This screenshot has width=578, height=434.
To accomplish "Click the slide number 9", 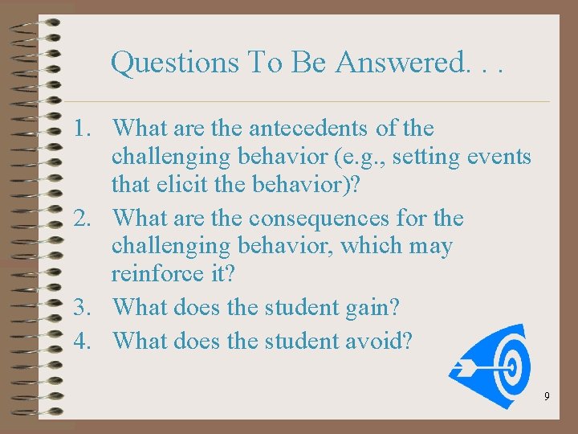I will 547,396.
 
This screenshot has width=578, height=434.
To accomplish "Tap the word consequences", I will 327,219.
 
